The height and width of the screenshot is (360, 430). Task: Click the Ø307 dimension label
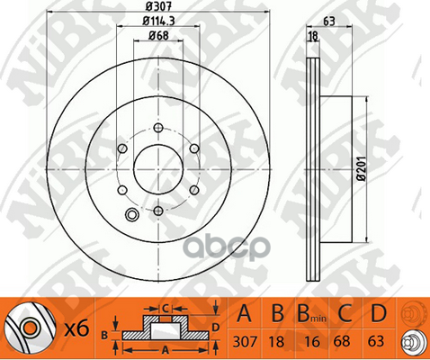pos(159,6)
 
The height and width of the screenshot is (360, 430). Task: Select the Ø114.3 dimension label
pos(158,21)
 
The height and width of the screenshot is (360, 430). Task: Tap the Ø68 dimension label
pos(159,36)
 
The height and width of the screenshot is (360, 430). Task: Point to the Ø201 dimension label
pos(362,168)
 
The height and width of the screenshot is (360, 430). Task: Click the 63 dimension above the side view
pos(329,22)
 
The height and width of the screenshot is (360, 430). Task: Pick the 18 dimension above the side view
pos(313,36)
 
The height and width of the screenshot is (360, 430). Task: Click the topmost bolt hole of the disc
pos(158,128)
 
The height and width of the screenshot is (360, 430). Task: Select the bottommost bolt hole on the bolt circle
pos(158,211)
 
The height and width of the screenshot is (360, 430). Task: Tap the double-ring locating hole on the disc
pos(131,214)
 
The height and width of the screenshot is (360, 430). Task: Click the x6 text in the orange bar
pos(77,328)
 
